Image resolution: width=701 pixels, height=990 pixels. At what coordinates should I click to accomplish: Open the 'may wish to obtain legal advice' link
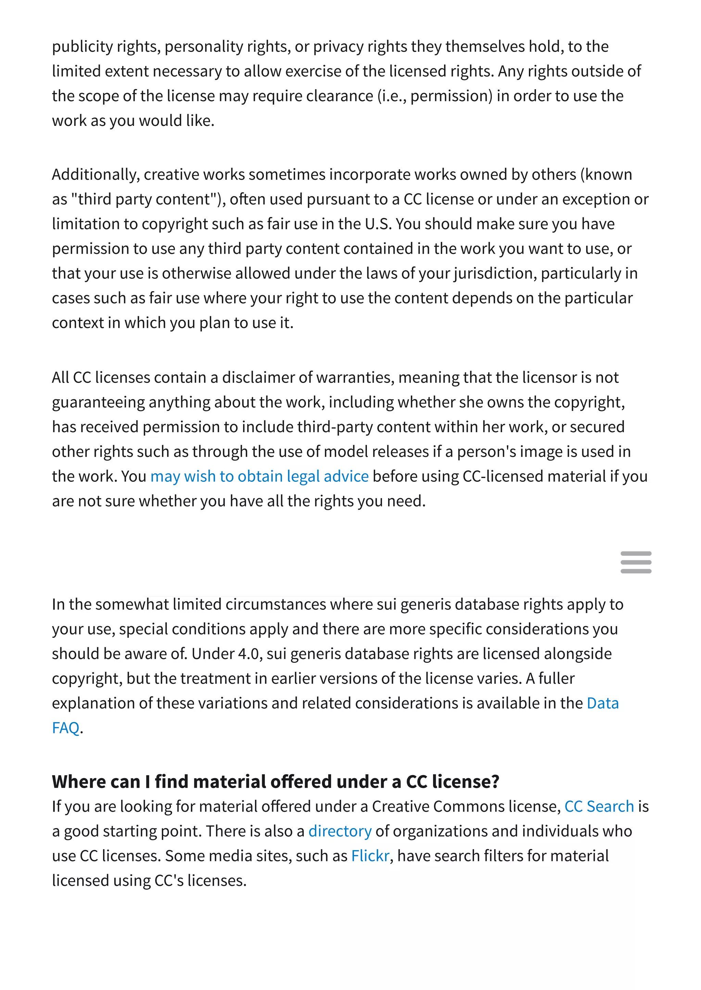(x=259, y=476)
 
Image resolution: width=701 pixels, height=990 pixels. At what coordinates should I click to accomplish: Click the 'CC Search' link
(x=599, y=806)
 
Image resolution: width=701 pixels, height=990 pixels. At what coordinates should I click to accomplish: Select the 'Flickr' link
(x=370, y=856)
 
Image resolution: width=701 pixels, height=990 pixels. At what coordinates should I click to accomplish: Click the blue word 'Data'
(x=602, y=703)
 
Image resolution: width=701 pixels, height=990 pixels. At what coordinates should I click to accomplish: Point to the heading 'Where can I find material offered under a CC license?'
(x=276, y=781)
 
